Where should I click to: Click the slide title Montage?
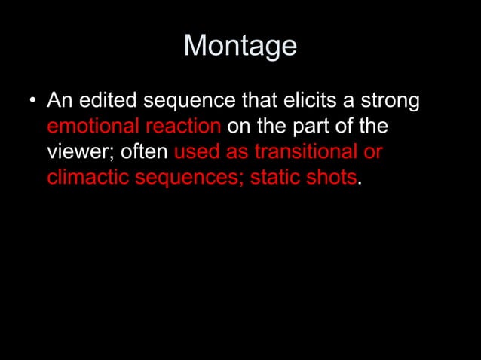(240, 46)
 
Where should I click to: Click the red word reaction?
(182, 126)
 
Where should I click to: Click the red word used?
(197, 151)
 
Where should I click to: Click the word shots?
(326, 178)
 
